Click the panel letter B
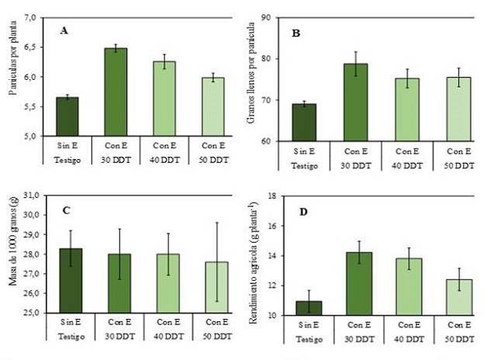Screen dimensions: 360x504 coord(295,34)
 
